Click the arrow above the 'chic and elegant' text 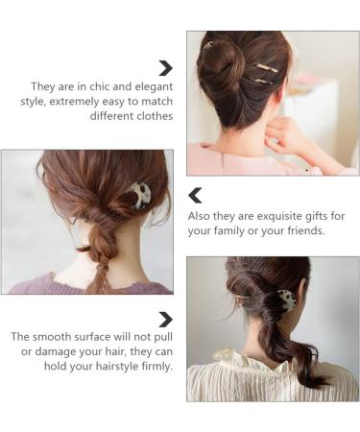(166, 68)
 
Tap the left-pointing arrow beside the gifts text (195, 196)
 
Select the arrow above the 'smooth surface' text (166, 319)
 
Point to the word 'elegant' (152, 85)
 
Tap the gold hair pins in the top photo (263, 75)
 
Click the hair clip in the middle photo (140, 196)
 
